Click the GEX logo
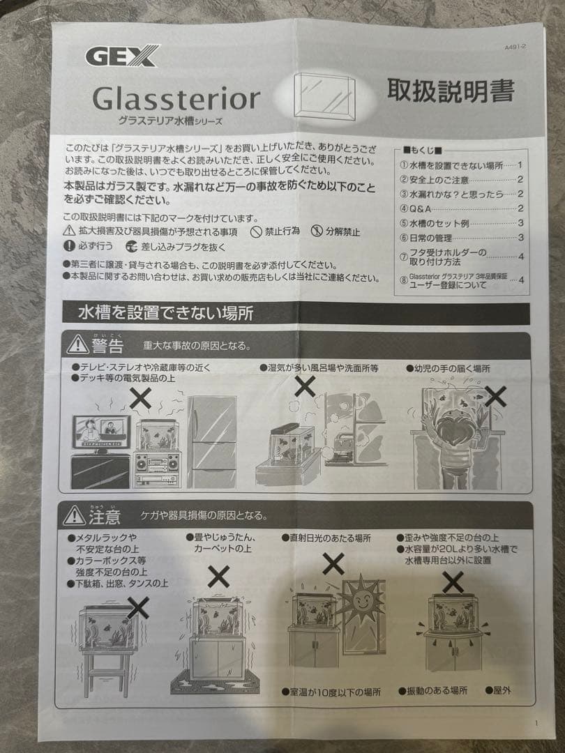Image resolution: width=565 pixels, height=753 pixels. pos(122,55)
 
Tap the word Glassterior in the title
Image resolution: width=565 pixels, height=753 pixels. pos(176,98)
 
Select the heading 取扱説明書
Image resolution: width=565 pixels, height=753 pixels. pos(451,91)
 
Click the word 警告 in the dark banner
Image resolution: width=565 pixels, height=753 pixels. pos(107,346)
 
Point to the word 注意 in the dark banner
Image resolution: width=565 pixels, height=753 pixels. pos(105,517)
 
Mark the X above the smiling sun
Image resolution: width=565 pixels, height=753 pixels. pos(333,563)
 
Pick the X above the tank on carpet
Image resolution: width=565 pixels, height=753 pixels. pos(218,576)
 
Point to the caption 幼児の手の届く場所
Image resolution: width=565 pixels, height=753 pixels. pos(452,367)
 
